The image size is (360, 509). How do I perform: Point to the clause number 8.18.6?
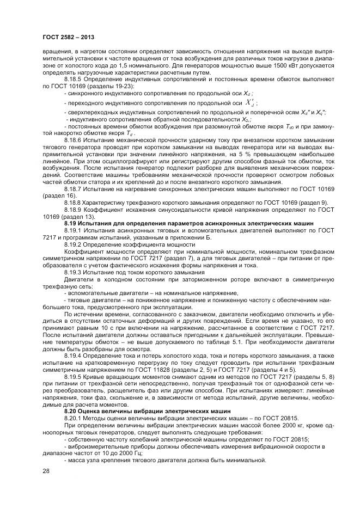(x=74, y=140)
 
